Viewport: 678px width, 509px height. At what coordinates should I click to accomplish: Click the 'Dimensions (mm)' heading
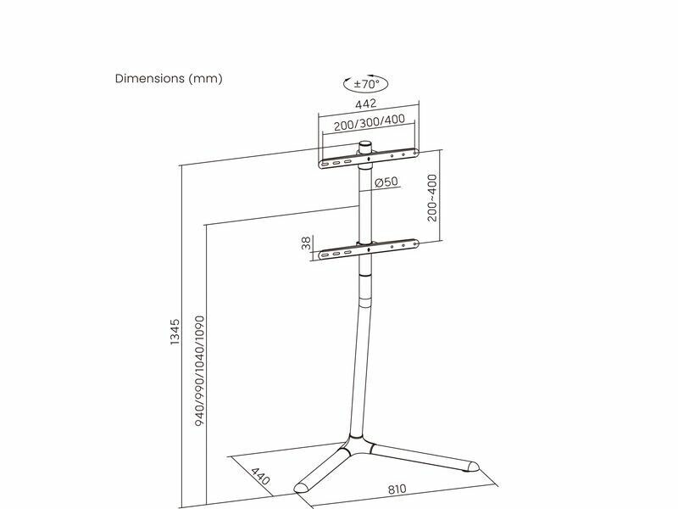[169, 79]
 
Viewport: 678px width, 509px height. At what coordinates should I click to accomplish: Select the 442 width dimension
[365, 103]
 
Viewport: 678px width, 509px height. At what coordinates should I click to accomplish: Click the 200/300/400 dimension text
[369, 120]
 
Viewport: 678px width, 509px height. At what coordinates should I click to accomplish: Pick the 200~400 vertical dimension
[432, 198]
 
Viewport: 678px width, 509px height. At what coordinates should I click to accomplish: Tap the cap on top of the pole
[365, 145]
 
